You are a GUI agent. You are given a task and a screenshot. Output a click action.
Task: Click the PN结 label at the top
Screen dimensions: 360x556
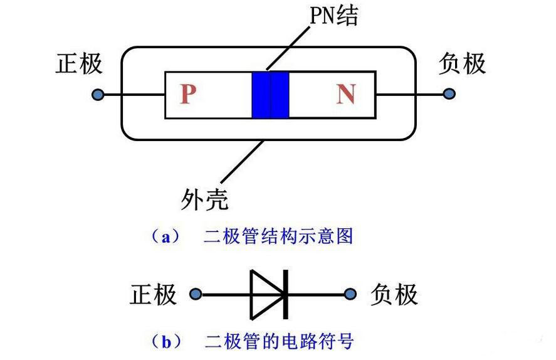click(x=333, y=15)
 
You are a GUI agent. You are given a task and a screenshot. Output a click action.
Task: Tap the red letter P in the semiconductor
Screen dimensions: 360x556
click(x=188, y=95)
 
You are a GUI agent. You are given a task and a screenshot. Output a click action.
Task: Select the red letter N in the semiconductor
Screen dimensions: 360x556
click(x=345, y=95)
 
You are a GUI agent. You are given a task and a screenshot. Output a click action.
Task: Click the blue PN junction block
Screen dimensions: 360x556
click(x=270, y=95)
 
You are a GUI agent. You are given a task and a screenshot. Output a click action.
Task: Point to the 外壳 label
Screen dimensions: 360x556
click(x=204, y=199)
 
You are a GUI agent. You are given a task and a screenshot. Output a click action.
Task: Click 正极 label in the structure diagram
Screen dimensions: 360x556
click(x=79, y=64)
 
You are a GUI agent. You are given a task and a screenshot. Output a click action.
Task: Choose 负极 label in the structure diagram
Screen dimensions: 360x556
click(x=462, y=64)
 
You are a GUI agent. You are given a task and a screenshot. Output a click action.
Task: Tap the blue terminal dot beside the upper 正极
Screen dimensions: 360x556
click(x=97, y=95)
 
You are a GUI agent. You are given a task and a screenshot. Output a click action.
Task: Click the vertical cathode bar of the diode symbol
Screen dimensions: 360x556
click(x=286, y=294)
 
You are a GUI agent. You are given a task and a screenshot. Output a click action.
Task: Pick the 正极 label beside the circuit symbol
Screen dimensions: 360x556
click(x=154, y=294)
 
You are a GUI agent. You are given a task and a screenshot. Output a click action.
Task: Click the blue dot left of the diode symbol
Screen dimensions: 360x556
click(x=196, y=294)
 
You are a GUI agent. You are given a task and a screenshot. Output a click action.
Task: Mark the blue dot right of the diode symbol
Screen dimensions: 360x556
click(x=351, y=294)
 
